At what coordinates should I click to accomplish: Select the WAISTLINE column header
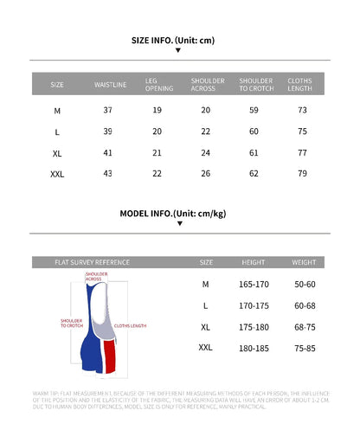[x=110, y=85]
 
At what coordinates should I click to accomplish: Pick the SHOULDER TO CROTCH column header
[x=255, y=85]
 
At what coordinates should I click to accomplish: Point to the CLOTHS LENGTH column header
[x=299, y=85]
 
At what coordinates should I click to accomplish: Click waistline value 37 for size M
[x=108, y=111]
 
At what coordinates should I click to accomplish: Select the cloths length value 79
[x=302, y=174]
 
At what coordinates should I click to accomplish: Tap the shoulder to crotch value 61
[x=254, y=152]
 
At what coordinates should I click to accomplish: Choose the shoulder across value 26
[x=205, y=174]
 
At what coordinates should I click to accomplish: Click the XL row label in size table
[x=57, y=153]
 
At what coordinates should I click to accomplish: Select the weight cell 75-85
[x=304, y=348]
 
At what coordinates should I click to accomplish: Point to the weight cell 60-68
[x=304, y=305]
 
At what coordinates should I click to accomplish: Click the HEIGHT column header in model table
[x=253, y=261]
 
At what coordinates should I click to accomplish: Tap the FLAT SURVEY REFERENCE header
[x=92, y=261]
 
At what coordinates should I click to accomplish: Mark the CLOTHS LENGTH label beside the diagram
[x=131, y=326]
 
